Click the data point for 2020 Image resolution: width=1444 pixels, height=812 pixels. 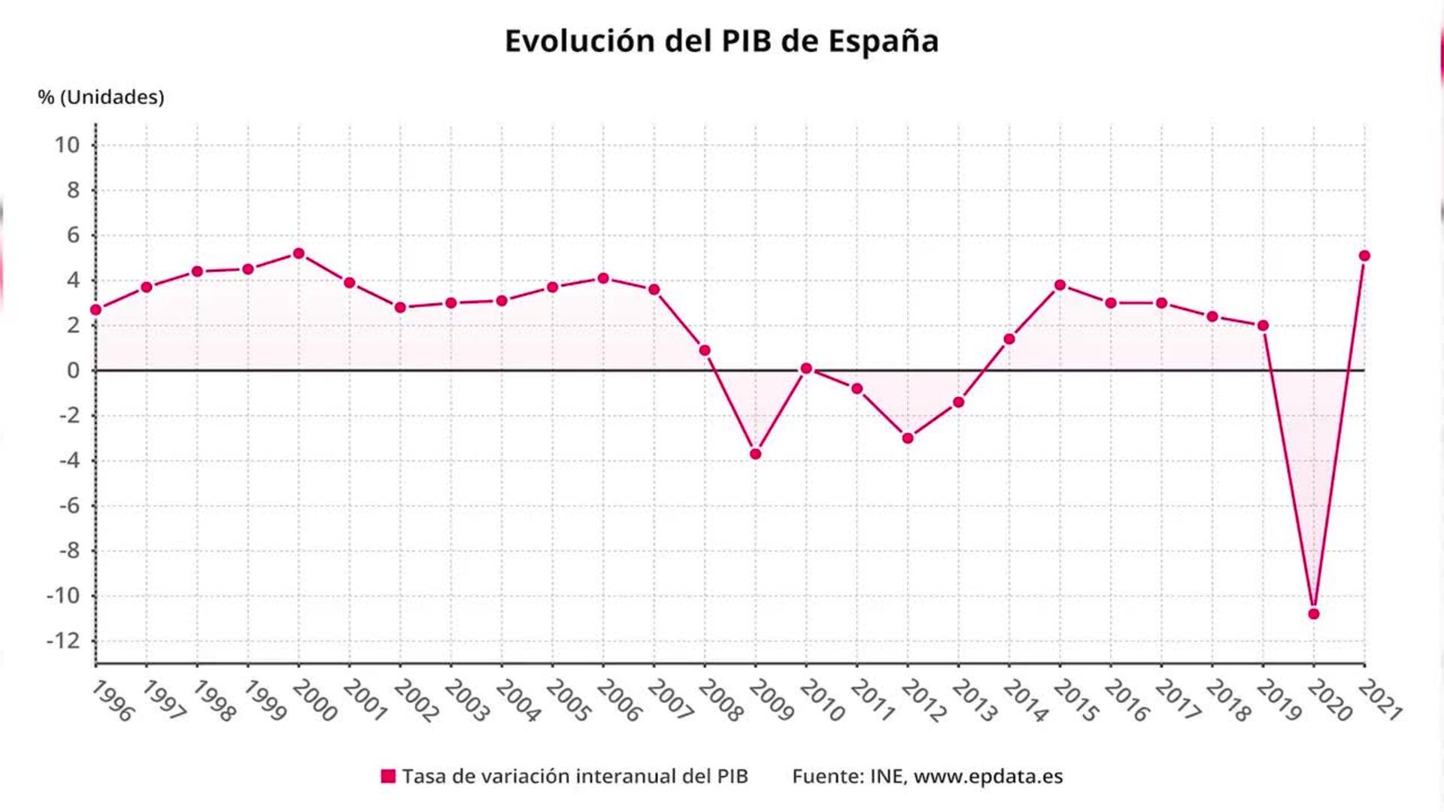pos(1314,614)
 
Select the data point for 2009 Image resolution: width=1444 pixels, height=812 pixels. pos(756,454)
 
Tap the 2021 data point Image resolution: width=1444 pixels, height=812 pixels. pos(1364,256)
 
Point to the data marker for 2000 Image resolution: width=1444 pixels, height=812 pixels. pos(299,253)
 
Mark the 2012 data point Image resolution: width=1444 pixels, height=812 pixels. pos(908,438)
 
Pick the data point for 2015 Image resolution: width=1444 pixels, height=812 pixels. pos(1060,285)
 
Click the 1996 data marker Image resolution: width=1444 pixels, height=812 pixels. pos(96,310)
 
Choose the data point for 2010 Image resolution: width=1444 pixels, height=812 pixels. pos(806,368)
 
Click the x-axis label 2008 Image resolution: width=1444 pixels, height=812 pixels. pos(720,701)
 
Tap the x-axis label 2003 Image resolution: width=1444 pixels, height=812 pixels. pos(466,701)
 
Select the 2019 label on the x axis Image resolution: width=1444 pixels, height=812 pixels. pos(1278,701)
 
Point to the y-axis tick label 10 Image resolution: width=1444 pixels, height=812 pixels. pos(67,145)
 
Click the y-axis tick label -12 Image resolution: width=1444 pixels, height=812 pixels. pos(63,641)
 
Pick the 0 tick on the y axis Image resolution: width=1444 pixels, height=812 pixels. pos(73,371)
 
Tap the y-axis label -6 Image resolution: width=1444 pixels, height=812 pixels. pos(69,505)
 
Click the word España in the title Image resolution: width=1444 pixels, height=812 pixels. pos(883,42)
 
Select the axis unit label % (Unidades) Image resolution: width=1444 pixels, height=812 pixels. pos(101,97)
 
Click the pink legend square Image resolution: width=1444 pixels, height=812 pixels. pos(388,777)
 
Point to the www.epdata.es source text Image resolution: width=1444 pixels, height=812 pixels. pos(988,777)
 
